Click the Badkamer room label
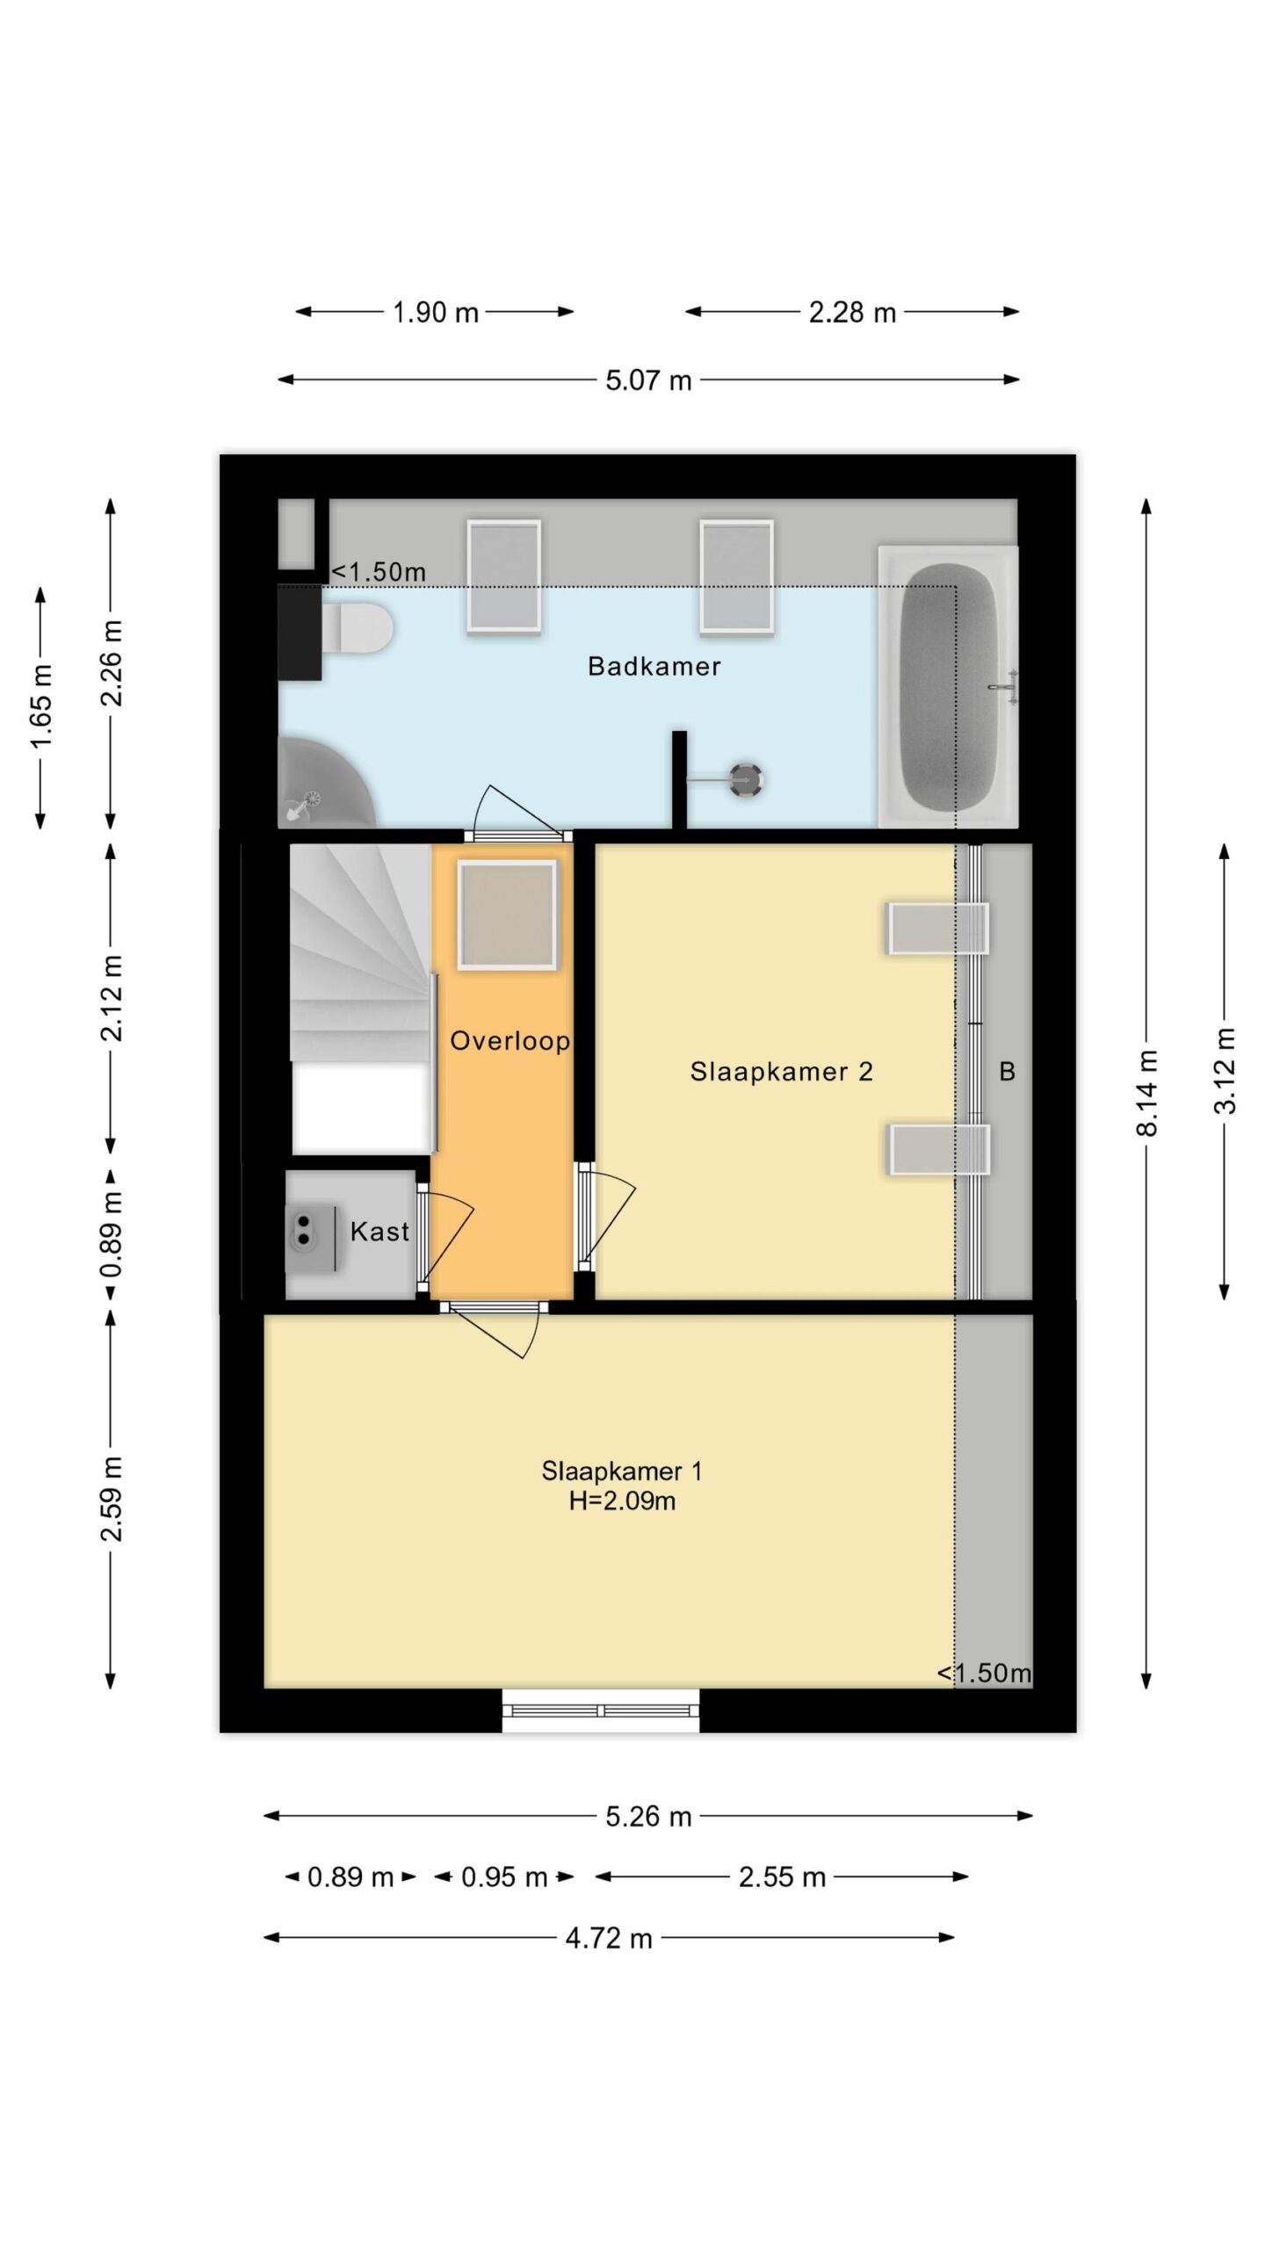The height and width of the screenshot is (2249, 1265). click(x=654, y=667)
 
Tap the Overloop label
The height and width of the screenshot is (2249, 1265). click(x=510, y=1042)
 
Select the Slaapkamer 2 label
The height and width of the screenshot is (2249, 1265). click(x=781, y=1072)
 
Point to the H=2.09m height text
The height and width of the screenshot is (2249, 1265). click(x=622, y=1501)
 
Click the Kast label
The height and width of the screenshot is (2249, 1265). click(x=379, y=1232)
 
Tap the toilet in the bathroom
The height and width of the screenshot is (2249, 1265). click(x=357, y=628)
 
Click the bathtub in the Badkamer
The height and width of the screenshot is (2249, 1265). click(x=949, y=687)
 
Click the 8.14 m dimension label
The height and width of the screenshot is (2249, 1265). click(x=1146, y=1094)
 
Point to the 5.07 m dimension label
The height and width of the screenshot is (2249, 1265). click(x=648, y=380)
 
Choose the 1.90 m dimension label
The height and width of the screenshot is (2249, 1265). click(x=436, y=313)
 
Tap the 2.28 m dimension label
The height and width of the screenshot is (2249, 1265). click(x=852, y=313)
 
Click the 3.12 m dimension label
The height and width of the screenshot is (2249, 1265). click(x=1225, y=1071)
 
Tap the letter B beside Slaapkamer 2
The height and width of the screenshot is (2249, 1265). click(x=1008, y=1072)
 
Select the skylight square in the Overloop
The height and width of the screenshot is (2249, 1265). click(x=507, y=915)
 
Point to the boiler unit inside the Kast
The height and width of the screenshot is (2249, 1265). click(x=313, y=1237)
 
